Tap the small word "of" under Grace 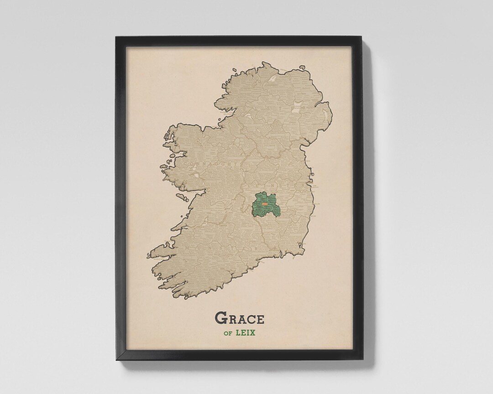point(228,333)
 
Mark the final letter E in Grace point(259,318)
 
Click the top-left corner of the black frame point(116,37)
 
